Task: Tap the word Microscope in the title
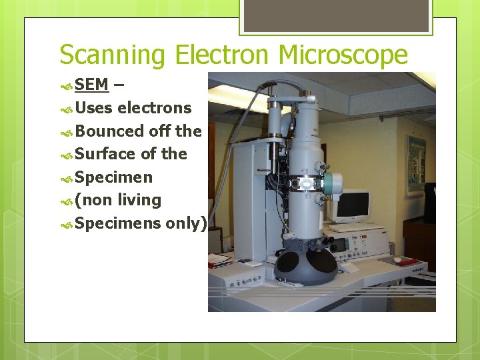(343, 55)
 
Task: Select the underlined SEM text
(91, 85)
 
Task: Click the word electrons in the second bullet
(154, 108)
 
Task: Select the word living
(139, 200)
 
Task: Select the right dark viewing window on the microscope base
(322, 263)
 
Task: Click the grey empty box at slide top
(335, 15)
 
